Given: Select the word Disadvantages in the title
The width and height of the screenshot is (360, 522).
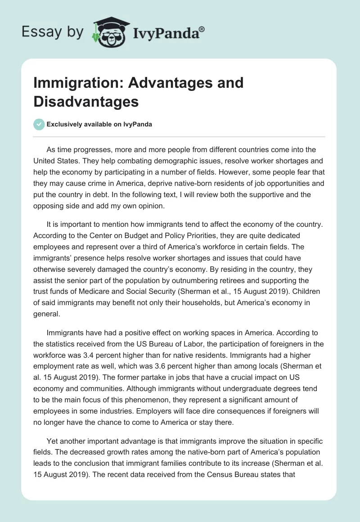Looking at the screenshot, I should coord(86,101).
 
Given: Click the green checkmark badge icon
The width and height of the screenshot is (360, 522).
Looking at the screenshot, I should coord(39,124).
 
